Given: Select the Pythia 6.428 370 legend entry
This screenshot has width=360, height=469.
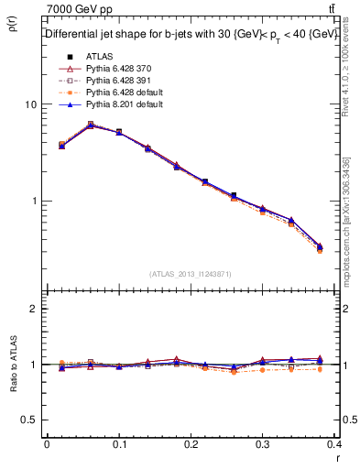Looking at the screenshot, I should (x=107, y=69).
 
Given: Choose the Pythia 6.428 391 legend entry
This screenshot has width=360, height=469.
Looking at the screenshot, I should (x=107, y=81).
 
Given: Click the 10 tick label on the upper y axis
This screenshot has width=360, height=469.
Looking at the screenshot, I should (x=30, y=104).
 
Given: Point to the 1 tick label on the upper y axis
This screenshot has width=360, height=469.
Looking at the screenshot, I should (x=33, y=201).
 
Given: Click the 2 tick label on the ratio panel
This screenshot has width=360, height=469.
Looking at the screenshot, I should (x=33, y=310).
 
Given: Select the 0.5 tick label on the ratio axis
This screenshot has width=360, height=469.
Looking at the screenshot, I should (x=29, y=420).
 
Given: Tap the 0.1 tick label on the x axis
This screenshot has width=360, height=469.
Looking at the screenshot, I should (x=119, y=443).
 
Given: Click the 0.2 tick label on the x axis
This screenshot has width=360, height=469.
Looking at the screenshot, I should (x=191, y=443).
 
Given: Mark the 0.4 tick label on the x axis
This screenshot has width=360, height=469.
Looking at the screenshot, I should (x=335, y=443).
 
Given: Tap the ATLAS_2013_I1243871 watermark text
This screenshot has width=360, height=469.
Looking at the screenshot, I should (x=191, y=274).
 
